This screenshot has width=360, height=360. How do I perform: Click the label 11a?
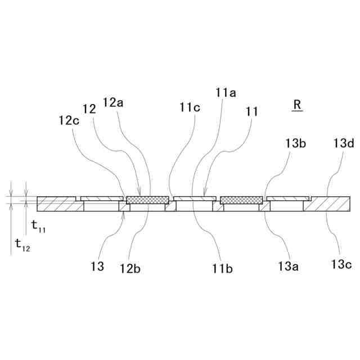point(226,91)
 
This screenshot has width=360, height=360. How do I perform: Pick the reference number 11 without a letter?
point(252,111)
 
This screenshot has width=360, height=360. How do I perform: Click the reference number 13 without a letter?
point(98,267)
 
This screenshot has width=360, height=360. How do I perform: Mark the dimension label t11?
point(39,227)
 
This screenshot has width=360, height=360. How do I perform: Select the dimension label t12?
point(23,244)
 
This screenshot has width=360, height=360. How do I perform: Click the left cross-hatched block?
point(147,200)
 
